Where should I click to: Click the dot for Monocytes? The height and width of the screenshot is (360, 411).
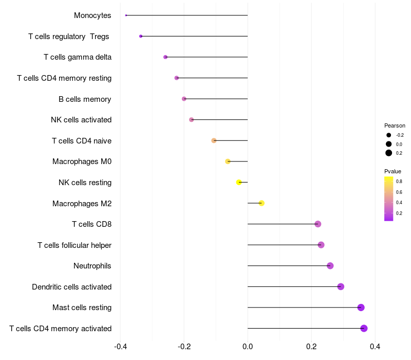126,15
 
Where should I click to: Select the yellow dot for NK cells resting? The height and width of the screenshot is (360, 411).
239,182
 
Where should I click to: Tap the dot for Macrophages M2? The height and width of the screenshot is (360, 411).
261,203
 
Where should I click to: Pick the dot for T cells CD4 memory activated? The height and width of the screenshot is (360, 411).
364,328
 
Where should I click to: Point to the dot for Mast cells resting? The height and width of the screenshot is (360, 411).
361,308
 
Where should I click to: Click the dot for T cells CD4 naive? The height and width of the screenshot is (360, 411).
214,140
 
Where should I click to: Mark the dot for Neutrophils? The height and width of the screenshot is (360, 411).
330,265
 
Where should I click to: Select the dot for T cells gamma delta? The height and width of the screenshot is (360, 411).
165,57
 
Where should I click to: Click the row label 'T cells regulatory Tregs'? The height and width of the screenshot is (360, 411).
69,37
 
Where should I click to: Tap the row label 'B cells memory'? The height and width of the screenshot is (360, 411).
85,99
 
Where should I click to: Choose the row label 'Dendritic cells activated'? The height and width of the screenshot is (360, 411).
71,286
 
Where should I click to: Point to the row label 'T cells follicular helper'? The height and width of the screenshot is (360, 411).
74,245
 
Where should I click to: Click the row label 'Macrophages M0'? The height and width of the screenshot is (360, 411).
82,161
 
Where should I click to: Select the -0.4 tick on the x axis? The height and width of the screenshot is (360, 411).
120,347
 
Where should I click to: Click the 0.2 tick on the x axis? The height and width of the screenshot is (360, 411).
311,347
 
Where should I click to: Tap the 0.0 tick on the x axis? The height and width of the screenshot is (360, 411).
248,347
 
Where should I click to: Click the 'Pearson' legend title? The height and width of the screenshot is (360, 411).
395,125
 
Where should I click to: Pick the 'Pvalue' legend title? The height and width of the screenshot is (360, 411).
393,171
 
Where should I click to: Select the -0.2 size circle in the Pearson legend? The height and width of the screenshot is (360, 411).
389,135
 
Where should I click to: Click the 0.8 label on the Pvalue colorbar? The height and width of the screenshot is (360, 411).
399,182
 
